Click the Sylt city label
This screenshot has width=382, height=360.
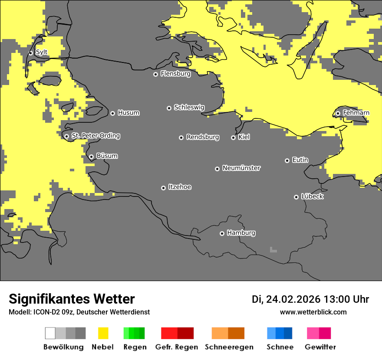[x=42, y=52]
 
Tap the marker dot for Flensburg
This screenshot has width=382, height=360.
[x=155, y=74]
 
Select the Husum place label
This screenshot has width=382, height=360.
[x=128, y=113]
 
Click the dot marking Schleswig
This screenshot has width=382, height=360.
[x=169, y=108]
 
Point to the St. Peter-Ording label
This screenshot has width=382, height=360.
[x=95, y=136]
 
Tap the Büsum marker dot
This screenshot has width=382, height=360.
[x=91, y=157]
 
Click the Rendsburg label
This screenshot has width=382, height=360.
[x=203, y=137]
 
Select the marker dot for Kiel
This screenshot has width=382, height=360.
[x=233, y=137]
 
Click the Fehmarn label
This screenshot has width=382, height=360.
[x=356, y=113]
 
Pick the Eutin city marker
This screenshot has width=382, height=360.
[x=287, y=160]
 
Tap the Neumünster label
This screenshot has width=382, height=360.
[x=241, y=168]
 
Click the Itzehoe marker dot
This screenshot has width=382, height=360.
[x=163, y=188]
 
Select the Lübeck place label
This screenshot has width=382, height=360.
[x=312, y=196]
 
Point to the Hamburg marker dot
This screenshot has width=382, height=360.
[x=222, y=233]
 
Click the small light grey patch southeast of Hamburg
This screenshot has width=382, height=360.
[x=273, y=250]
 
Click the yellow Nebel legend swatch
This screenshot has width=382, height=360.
[x=103, y=333]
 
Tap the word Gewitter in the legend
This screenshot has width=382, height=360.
[x=320, y=347]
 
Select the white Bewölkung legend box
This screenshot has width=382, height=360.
[x=50, y=333]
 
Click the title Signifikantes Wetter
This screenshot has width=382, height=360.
[x=72, y=299]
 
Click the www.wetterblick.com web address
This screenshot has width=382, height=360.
[x=313, y=312]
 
